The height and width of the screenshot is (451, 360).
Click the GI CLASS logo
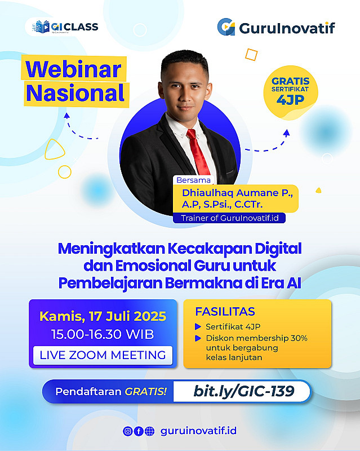tap(65, 27)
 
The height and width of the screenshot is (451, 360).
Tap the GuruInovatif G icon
tap(226, 26)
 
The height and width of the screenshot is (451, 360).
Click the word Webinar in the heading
tap(73, 69)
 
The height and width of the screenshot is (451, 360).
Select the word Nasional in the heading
tap(75, 93)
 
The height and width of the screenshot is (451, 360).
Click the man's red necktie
tap(198, 151)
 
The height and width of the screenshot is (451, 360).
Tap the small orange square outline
tap(251, 55)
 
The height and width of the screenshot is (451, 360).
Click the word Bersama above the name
tap(193, 180)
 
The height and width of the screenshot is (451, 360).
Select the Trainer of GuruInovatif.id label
tap(229, 218)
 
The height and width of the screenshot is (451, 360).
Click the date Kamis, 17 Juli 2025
tap(103, 316)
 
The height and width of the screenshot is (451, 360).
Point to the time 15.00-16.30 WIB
tap(103, 334)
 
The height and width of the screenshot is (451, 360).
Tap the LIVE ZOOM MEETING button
tap(103, 355)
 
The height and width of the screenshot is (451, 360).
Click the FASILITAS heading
tap(225, 312)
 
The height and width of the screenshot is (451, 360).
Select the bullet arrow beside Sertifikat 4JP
tap(198, 326)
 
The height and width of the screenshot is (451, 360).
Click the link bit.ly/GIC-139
tap(244, 391)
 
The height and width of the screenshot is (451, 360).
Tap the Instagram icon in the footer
tap(128, 431)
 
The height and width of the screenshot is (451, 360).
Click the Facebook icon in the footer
tap(139, 431)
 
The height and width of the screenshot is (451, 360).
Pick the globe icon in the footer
tap(149, 431)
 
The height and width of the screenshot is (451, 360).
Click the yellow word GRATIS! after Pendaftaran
tap(145, 391)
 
